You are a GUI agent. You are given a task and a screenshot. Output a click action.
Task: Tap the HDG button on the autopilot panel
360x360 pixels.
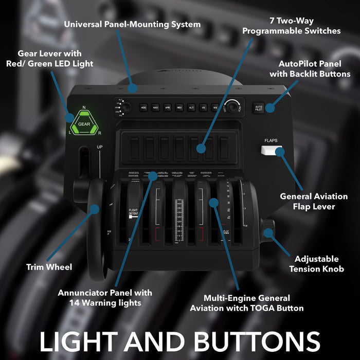[143, 107]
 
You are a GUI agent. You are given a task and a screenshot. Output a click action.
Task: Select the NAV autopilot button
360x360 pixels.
[155, 107]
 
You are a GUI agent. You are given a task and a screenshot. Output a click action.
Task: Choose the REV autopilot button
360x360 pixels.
[179, 107]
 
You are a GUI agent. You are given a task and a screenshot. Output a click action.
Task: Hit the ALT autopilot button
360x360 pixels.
[191, 107]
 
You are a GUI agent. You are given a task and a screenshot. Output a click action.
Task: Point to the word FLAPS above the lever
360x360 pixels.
[271, 140]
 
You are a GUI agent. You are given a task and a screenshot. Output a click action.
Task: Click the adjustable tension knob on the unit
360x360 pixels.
[267, 231]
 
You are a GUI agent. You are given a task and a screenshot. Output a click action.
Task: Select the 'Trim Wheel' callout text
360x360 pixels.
[49, 267]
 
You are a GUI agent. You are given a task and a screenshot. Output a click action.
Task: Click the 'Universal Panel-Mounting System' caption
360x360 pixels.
[132, 24]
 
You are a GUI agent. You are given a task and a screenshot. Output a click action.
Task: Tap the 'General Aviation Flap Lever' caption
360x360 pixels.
[314, 202]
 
